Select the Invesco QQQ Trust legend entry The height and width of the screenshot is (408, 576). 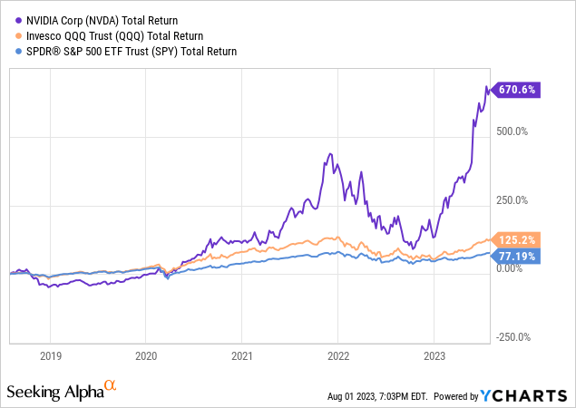(109, 34)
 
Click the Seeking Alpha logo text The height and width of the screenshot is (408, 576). (55, 393)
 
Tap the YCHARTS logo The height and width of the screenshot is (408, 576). (526, 395)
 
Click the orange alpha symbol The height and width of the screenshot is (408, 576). (111, 387)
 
